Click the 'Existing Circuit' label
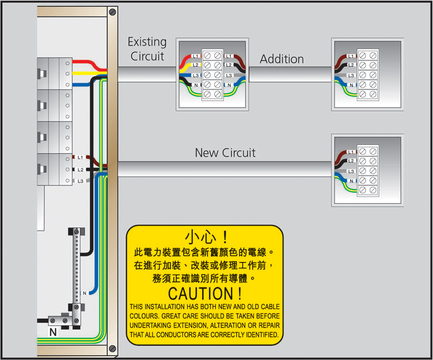click(147, 49)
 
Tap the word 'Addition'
click(281, 59)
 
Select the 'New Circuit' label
click(225, 153)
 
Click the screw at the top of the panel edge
click(113, 11)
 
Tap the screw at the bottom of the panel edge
click(113, 349)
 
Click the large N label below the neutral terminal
click(53, 332)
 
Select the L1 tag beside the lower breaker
click(80, 158)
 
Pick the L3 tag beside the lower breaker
click(80, 181)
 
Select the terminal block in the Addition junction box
click(368, 75)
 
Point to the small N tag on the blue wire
click(84, 294)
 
